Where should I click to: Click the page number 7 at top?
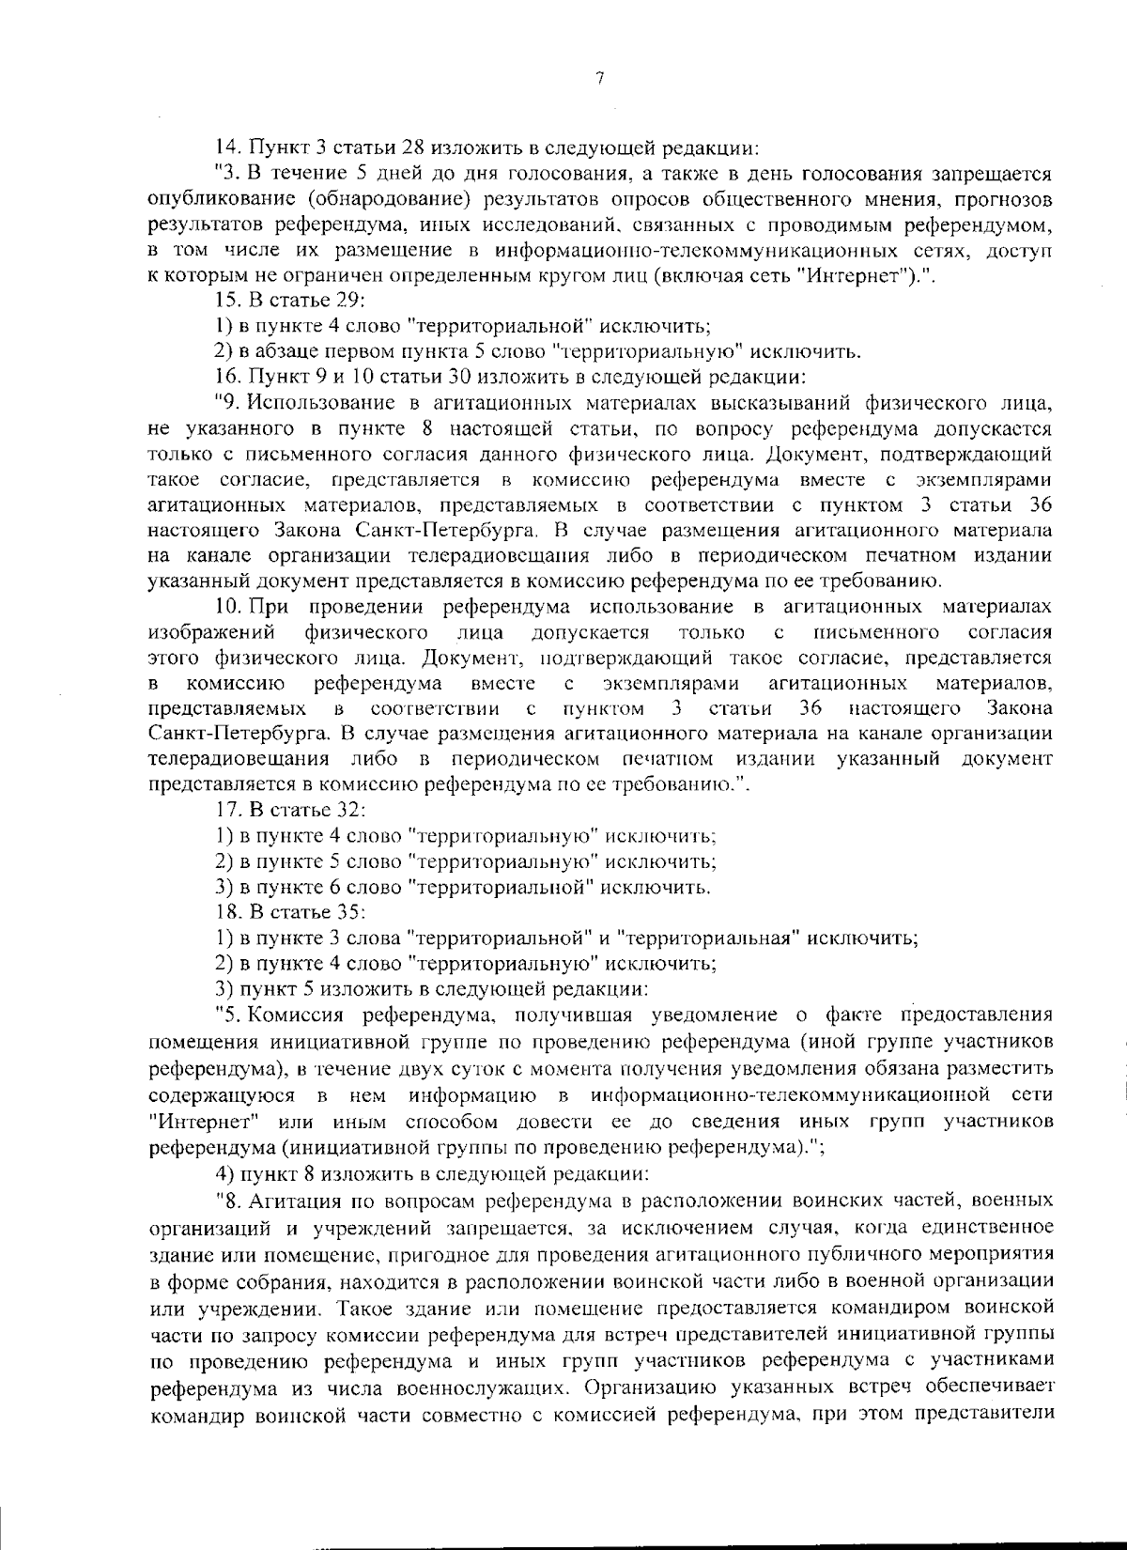pyautogui.click(x=598, y=79)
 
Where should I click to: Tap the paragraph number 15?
pyautogui.click(x=226, y=301)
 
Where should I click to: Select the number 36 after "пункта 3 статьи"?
pyautogui.click(x=1039, y=503)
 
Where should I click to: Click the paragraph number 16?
pyautogui.click(x=226, y=378)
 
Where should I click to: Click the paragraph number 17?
pyautogui.click(x=226, y=809)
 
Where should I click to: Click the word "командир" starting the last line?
pyautogui.click(x=193, y=1412)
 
